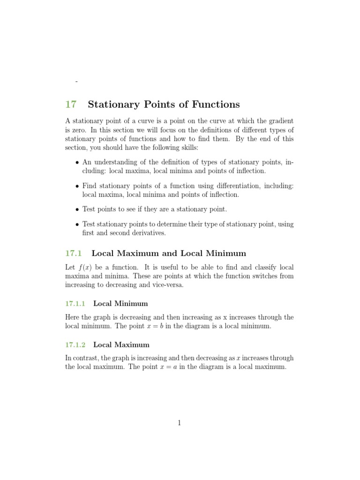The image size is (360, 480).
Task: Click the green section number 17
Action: point(70,104)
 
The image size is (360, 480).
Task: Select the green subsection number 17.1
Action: point(74,253)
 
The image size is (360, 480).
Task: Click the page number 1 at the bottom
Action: point(179,423)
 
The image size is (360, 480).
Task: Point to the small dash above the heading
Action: point(76,82)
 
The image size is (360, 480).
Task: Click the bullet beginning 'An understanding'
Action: point(77,162)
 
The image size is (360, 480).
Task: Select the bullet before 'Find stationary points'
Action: point(77,186)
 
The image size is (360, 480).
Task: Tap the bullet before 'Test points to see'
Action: point(77,210)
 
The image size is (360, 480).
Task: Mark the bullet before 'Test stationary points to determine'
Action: point(77,225)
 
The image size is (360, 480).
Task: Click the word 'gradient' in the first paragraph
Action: point(280,121)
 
